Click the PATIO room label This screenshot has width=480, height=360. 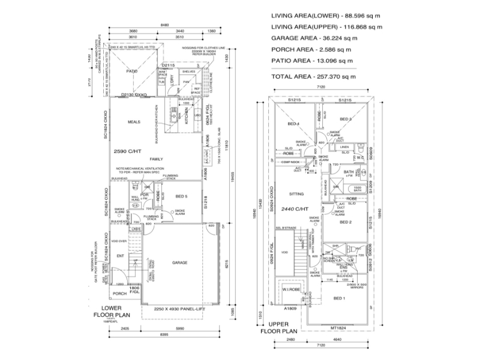[x=132, y=71]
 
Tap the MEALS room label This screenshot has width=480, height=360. [x=134, y=122]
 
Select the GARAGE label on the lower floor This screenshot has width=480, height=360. [x=180, y=263]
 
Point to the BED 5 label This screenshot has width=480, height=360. [x=182, y=197]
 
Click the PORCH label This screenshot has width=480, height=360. [x=120, y=293]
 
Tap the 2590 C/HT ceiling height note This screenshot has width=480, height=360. [x=127, y=151]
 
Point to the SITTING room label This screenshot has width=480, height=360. [x=296, y=194]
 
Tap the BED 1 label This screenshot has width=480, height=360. [x=340, y=298]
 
